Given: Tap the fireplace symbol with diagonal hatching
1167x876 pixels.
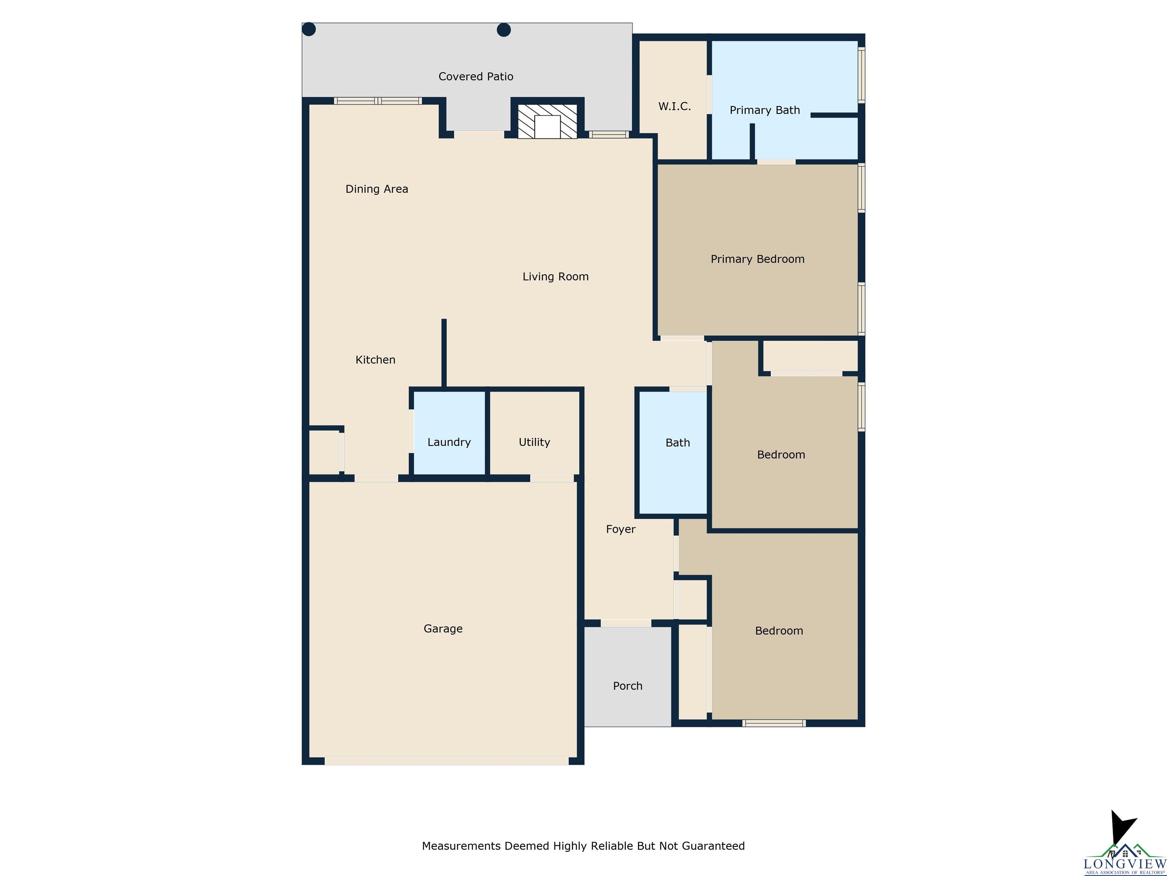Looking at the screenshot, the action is click(547, 121).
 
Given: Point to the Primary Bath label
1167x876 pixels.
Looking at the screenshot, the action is click(764, 110).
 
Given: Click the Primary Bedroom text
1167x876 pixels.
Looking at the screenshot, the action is click(757, 259).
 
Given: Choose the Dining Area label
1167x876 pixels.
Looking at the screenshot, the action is click(377, 189).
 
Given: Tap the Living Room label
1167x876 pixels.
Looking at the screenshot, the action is click(555, 277).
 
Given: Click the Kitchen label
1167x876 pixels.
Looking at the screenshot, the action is click(375, 360).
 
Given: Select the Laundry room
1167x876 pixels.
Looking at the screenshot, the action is click(449, 433).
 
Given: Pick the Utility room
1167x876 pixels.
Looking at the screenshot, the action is click(534, 433).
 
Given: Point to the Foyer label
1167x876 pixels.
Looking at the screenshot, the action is click(620, 529).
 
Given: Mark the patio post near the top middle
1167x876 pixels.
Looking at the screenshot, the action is click(504, 30).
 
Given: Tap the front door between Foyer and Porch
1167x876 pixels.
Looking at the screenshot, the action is click(626, 623).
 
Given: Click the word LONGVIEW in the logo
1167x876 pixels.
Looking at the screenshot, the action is click(1124, 863).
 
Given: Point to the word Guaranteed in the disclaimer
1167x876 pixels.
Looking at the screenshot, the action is click(713, 846).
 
